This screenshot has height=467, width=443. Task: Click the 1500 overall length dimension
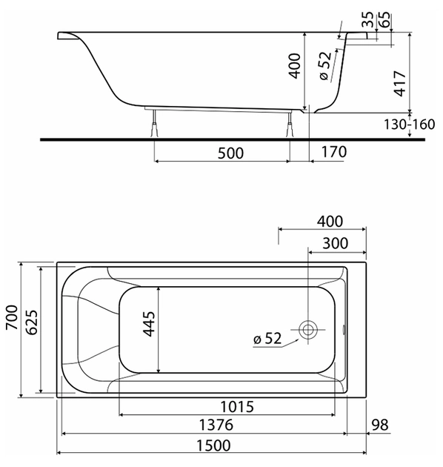(213, 446)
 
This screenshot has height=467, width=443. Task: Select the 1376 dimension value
(216, 425)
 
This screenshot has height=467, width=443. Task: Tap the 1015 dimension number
(237, 406)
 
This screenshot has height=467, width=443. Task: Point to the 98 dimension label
(380, 425)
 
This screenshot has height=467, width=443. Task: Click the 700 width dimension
(13, 317)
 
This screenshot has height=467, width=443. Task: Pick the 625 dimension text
(32, 322)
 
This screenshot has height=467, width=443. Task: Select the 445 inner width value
(149, 324)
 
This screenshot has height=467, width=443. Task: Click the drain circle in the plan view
(308, 330)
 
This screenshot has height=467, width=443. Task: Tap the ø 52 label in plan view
(267, 338)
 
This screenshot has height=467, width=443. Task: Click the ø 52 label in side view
(325, 66)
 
